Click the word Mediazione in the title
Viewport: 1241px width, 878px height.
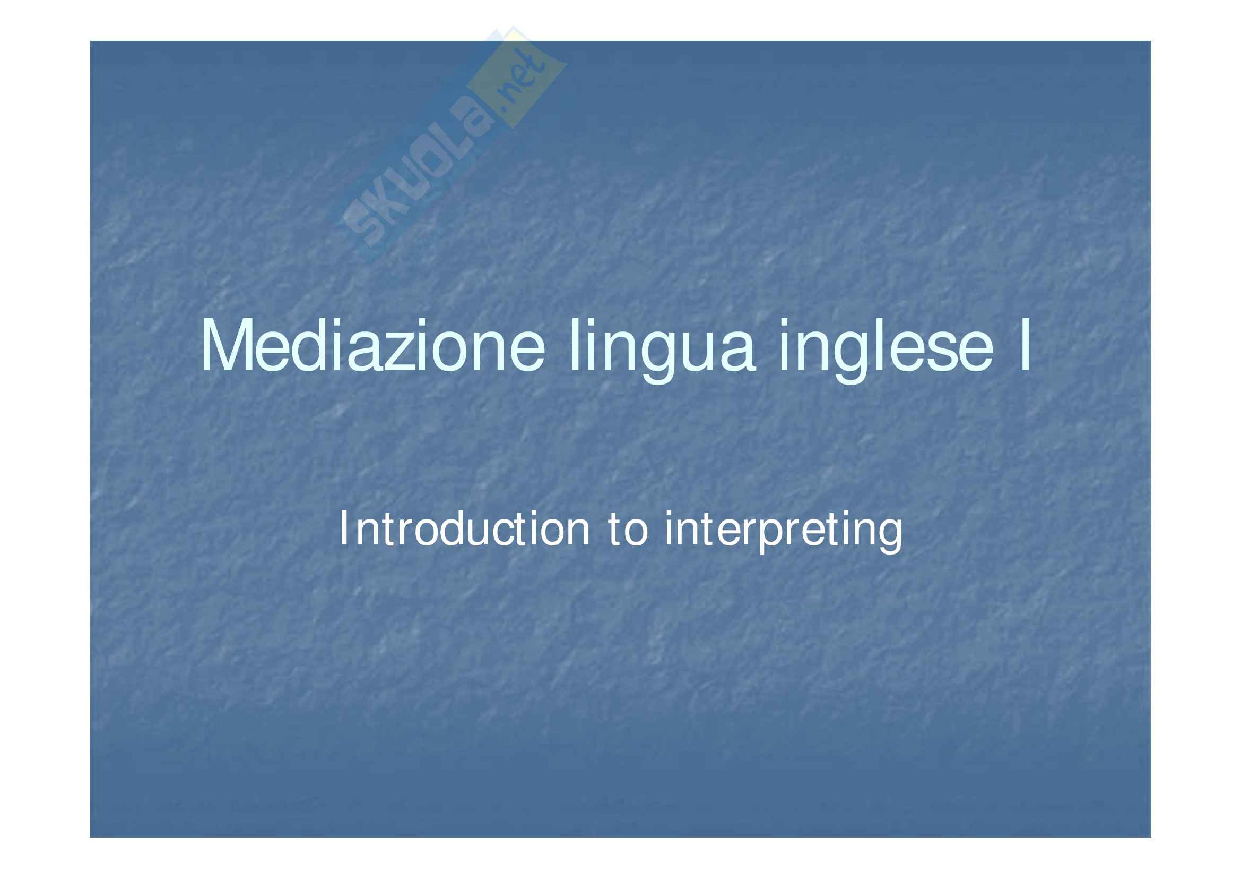pos(373,346)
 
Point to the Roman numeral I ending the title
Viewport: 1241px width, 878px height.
pos(1025,346)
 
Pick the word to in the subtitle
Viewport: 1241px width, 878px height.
pos(628,530)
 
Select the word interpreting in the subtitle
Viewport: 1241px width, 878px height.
pos(784,533)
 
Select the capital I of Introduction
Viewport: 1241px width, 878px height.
pos(343,528)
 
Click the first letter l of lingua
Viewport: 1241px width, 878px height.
pos(575,346)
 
